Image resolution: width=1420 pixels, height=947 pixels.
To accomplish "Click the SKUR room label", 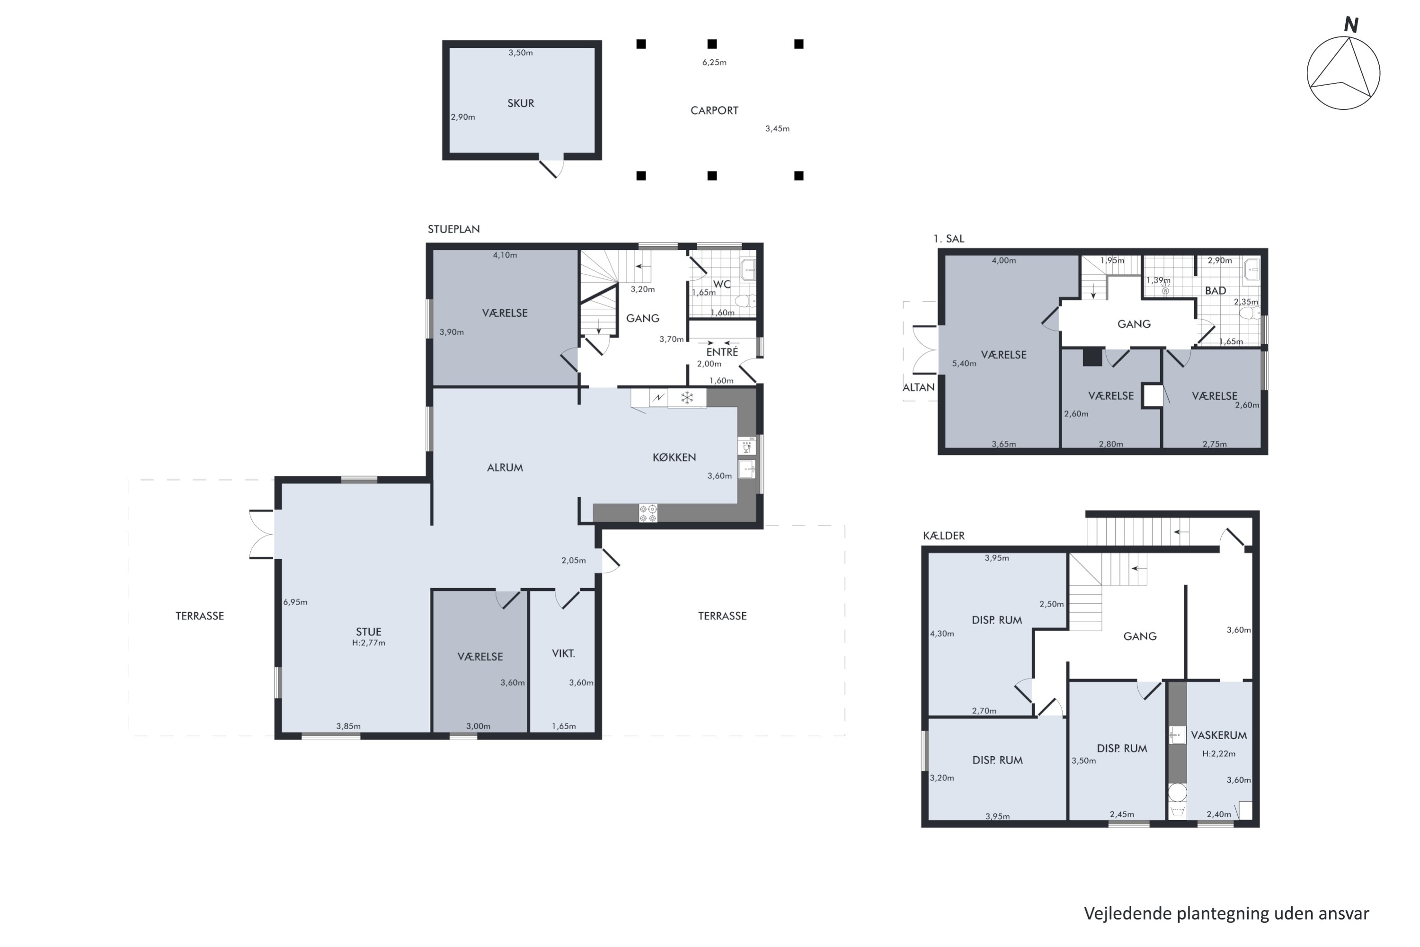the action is pyautogui.click(x=520, y=103).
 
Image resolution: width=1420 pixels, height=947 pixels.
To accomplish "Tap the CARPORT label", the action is pyautogui.click(x=714, y=110).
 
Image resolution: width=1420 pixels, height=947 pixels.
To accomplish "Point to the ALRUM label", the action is pyautogui.click(x=505, y=467).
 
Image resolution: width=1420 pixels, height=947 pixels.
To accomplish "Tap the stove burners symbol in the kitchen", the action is pyautogui.click(x=648, y=513).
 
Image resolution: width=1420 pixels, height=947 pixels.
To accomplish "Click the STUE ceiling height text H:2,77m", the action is pyautogui.click(x=368, y=643).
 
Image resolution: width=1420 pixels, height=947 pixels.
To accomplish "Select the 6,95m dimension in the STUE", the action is pyautogui.click(x=295, y=602).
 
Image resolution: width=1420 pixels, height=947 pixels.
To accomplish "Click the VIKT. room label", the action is pyautogui.click(x=563, y=653).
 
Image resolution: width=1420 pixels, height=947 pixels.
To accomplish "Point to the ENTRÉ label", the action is pyautogui.click(x=722, y=351).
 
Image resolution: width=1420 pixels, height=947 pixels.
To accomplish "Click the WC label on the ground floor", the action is pyautogui.click(x=722, y=285).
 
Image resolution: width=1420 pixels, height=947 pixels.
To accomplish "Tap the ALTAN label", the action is pyautogui.click(x=919, y=388).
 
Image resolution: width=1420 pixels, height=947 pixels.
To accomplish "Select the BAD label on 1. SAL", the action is pyautogui.click(x=1216, y=291).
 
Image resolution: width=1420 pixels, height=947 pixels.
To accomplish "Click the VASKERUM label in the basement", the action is pyautogui.click(x=1219, y=735).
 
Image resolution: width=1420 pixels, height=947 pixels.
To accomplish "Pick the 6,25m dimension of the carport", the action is pyautogui.click(x=714, y=62).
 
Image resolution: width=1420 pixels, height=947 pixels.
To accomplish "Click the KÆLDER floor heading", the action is pyautogui.click(x=944, y=536).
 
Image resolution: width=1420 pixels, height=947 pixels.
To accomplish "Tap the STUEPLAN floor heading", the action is pyautogui.click(x=454, y=230).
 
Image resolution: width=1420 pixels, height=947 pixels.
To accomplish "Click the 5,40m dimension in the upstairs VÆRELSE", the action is pyautogui.click(x=964, y=364).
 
